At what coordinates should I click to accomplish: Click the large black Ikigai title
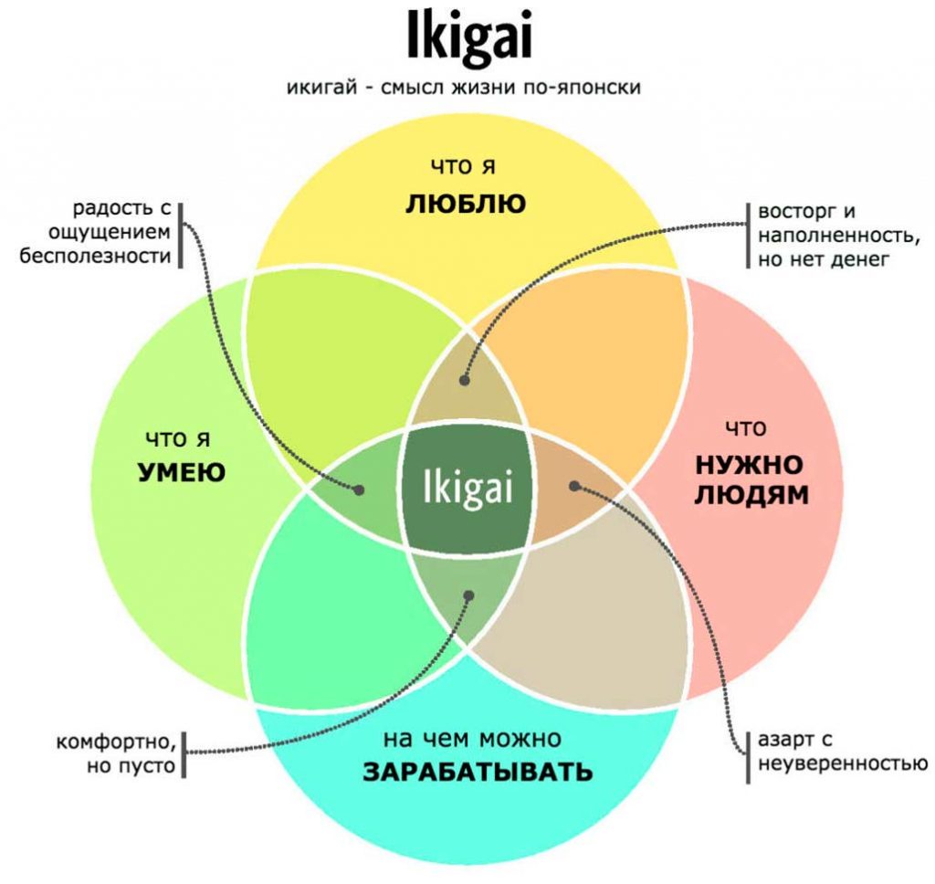coord(468,37)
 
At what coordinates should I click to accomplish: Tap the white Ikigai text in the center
coord(467,489)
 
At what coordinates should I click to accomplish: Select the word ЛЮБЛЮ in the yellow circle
coord(466,204)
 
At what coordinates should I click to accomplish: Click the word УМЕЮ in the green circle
coord(182,472)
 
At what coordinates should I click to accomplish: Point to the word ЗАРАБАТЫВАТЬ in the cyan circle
coord(478,772)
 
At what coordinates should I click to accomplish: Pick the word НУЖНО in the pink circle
coord(750,465)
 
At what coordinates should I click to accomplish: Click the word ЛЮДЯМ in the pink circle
coord(751,495)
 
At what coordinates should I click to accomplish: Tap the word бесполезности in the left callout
coord(95,256)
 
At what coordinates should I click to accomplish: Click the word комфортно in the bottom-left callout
coord(116,742)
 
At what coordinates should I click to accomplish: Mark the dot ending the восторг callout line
coord(465,380)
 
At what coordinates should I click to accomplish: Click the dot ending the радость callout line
coord(359,489)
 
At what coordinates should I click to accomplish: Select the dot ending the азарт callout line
coord(574,486)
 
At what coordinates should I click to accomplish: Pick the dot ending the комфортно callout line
coord(468,595)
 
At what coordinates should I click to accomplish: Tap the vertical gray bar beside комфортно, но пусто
coord(184,754)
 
